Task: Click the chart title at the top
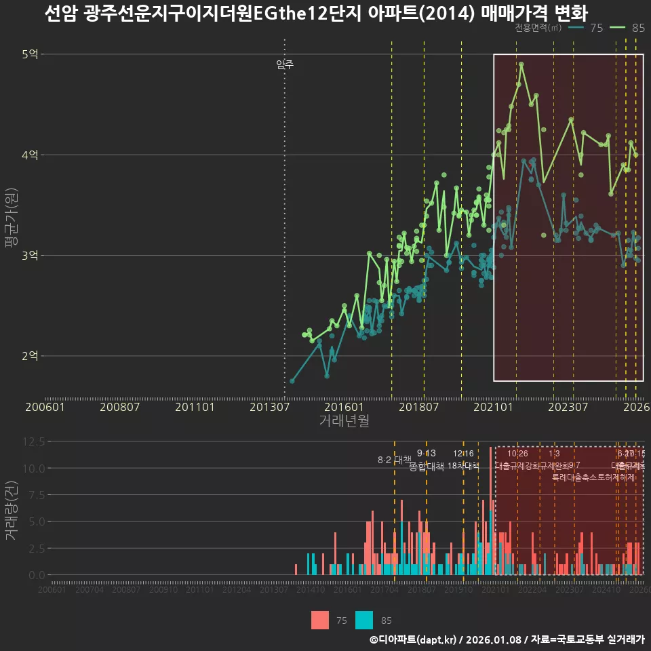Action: pyautogui.click(x=316, y=13)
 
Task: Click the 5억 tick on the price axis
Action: pyautogui.click(x=29, y=54)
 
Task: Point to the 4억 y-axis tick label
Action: pyautogui.click(x=29, y=155)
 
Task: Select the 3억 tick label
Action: pyautogui.click(x=29, y=255)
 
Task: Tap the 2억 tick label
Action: pyautogui.click(x=29, y=355)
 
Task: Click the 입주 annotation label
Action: pyautogui.click(x=285, y=65)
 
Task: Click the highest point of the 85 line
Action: pyautogui.click(x=521, y=64)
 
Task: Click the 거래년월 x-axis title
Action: pyautogui.click(x=344, y=421)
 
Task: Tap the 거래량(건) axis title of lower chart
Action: pyautogui.click(x=12, y=511)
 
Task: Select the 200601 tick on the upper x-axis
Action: pyautogui.click(x=45, y=407)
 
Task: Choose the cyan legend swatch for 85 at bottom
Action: pyautogui.click(x=365, y=620)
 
